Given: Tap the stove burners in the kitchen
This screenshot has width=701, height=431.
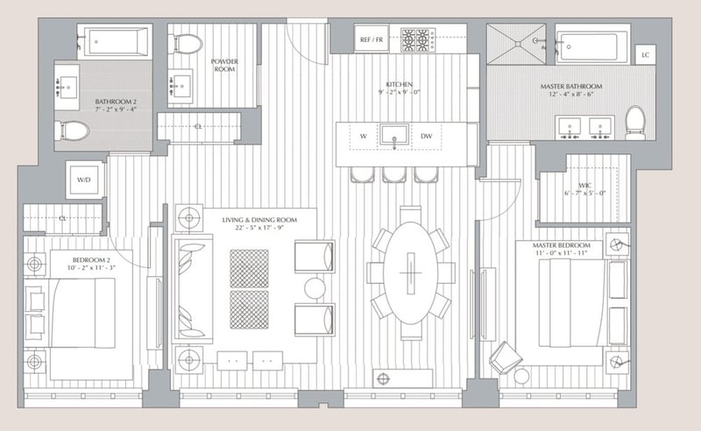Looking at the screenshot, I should point(418,39).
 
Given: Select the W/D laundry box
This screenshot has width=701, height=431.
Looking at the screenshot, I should point(84,180).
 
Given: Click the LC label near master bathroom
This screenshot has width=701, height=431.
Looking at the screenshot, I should point(645,55).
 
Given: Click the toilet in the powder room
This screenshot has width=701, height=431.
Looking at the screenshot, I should point(188,42).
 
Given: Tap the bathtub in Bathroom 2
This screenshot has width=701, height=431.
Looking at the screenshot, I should point(114,41).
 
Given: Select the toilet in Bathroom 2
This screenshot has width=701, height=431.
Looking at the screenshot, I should point(73,131).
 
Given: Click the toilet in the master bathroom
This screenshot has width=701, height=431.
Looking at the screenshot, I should point(635,121).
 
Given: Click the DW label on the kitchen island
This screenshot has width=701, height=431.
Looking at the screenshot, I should point(427,137).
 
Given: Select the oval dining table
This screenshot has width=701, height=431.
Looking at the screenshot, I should point(409,272).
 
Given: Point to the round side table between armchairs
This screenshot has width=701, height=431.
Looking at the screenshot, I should point(315,288).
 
